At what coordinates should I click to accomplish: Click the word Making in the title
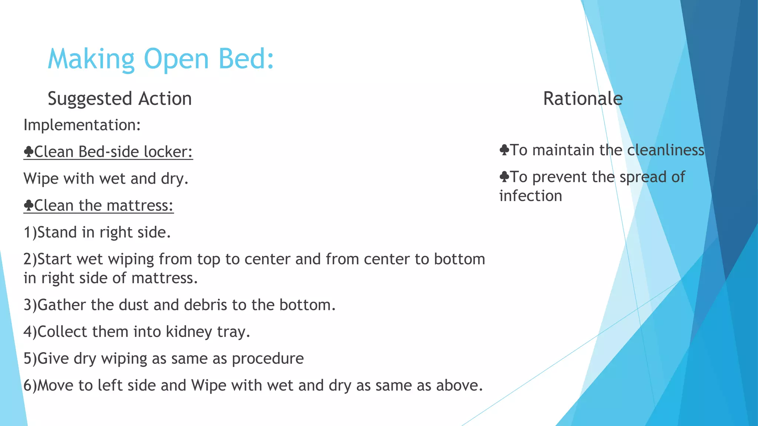pyautogui.click(x=91, y=59)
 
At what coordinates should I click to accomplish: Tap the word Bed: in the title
pyautogui.click(x=246, y=59)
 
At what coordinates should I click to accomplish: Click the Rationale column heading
pyautogui.click(x=583, y=99)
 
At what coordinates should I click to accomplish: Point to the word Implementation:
pyautogui.click(x=82, y=125)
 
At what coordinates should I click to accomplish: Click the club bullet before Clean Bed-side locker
pyautogui.click(x=28, y=152)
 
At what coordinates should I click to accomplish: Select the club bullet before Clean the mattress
pyautogui.click(x=28, y=205)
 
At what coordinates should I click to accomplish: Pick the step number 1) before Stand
pyautogui.click(x=30, y=233)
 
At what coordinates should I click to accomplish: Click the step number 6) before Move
pyautogui.click(x=30, y=386)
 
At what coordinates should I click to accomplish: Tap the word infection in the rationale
pyautogui.click(x=530, y=196)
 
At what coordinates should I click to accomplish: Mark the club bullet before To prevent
pyautogui.click(x=504, y=177)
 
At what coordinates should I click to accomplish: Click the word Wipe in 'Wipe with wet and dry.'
pyautogui.click(x=41, y=179)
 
